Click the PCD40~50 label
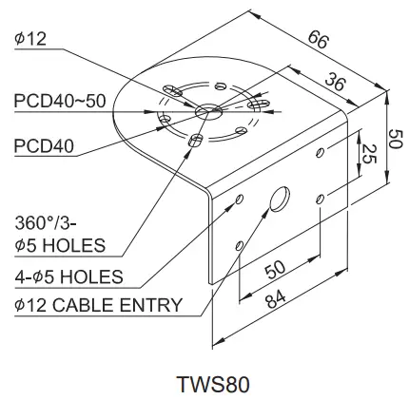[58, 101]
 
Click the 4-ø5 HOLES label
[69, 276]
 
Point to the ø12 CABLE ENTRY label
[98, 305]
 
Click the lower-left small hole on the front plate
[242, 246]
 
